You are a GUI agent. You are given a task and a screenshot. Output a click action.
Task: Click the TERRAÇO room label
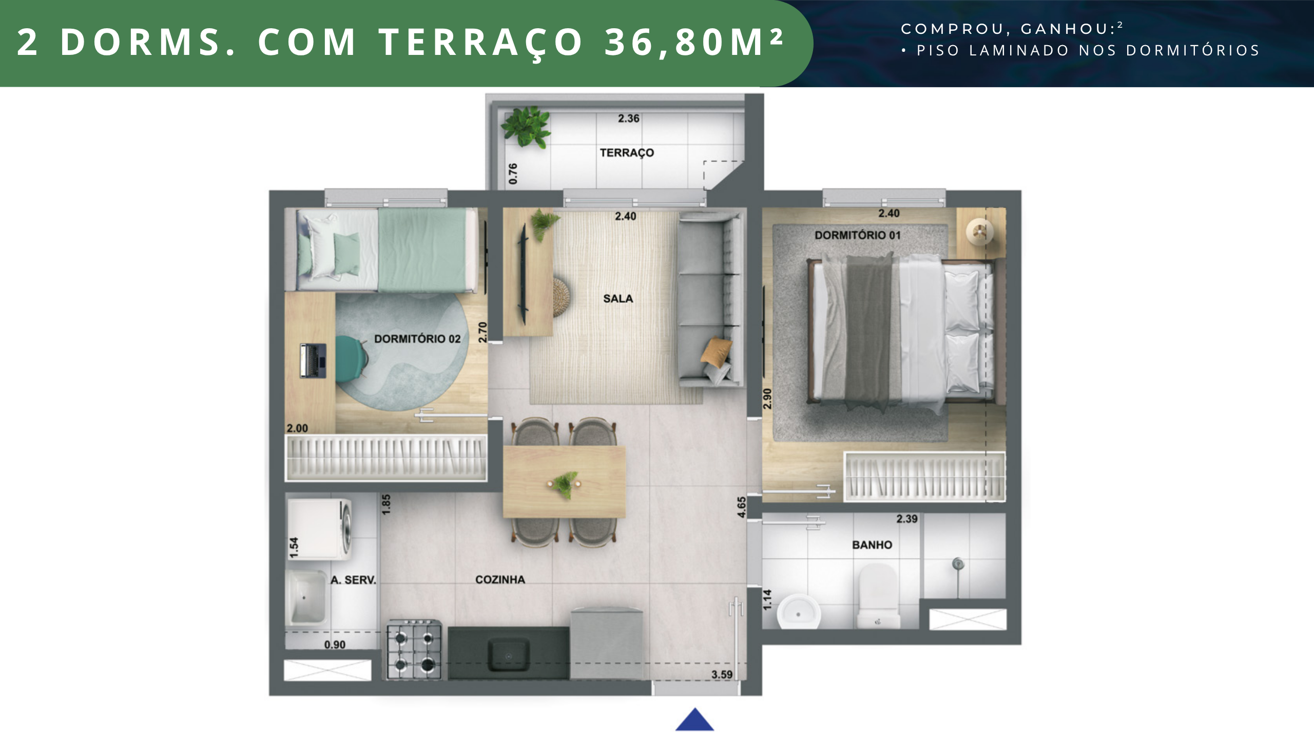pos(627,153)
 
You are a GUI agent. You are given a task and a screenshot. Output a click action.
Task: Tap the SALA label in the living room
pos(618,299)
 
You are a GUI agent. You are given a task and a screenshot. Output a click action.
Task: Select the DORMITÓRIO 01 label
pos(857,235)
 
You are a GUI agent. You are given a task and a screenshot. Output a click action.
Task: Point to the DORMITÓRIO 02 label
pos(417,339)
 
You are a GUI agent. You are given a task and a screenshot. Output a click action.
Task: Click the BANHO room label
pos(872,544)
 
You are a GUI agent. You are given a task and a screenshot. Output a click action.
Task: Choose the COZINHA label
pos(500,579)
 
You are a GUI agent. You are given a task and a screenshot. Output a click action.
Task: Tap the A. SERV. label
pos(353,580)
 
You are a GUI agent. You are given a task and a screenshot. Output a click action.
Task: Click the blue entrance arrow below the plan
pos(694,719)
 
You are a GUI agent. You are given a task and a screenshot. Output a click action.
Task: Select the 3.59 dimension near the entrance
pos(722,674)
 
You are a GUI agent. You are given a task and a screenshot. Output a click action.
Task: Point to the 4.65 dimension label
pos(741,507)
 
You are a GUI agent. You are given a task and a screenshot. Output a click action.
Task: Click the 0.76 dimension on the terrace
pos(513,174)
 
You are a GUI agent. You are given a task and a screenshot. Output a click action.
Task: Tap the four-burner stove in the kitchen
pos(414,650)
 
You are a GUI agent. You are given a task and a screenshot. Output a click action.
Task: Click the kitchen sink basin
pos(508,654)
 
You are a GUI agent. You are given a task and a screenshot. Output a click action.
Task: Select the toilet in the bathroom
pos(878,595)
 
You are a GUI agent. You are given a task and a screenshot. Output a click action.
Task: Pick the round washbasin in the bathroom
pos(798,612)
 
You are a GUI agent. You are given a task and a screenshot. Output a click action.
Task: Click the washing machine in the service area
pos(319,529)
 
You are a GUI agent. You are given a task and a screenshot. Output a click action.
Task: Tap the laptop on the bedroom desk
pos(313,361)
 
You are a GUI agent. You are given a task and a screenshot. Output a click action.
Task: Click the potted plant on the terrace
pos(526,127)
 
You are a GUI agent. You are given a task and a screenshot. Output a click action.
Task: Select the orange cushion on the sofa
pos(716,352)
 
